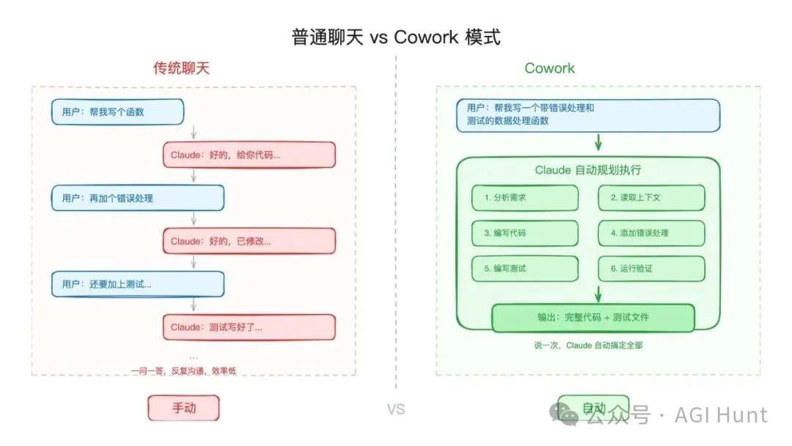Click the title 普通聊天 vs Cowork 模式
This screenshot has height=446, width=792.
point(396,37)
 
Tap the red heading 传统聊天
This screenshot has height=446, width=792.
point(181,68)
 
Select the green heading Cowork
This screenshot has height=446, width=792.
point(549,68)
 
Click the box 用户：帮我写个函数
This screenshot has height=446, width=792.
point(117,112)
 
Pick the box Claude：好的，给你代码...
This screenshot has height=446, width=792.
point(249,156)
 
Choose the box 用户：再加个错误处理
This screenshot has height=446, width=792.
point(137,198)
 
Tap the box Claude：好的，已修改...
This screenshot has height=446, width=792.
point(249,241)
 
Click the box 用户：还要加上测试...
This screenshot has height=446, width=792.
point(137,284)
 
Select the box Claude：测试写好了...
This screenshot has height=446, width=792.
point(249,327)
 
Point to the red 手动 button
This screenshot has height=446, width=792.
point(184,408)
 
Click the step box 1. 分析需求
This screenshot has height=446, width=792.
point(525,198)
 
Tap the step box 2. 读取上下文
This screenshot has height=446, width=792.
point(651,198)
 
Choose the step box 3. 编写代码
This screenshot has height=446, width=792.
point(525,233)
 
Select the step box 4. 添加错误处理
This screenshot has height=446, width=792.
point(651,233)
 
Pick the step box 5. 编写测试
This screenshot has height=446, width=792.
point(525,268)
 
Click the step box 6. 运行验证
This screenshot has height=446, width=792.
point(651,268)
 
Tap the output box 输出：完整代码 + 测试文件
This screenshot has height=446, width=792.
point(593,318)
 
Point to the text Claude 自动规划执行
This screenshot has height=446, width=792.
point(587,170)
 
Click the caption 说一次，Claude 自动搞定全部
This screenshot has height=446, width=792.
point(588,345)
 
